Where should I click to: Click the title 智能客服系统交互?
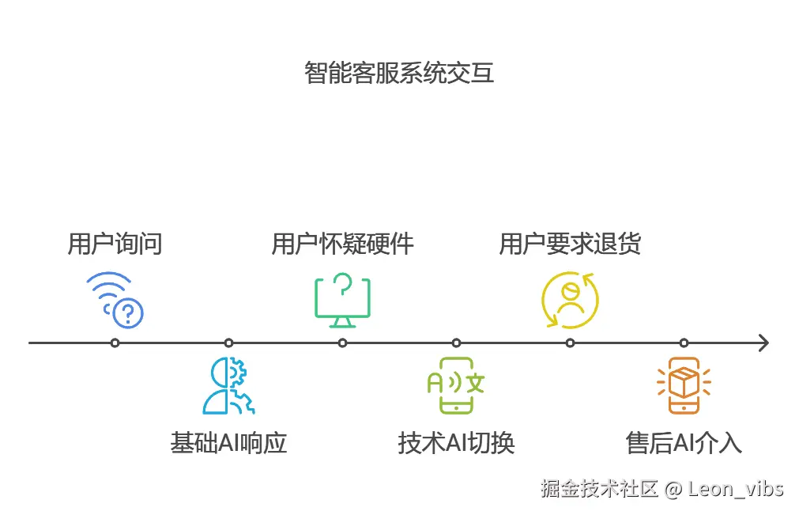(399, 73)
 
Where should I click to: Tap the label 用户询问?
(115, 244)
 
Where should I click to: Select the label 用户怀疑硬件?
(342, 244)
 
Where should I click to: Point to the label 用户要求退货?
(570, 244)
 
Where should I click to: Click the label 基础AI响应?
(228, 442)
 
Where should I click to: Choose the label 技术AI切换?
(456, 442)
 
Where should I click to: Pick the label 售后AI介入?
(684, 442)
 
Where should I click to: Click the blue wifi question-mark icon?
(115, 300)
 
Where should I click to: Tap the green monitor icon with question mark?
(342, 300)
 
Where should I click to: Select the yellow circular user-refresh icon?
(570, 300)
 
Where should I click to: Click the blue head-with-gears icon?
(228, 386)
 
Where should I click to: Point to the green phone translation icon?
(456, 385)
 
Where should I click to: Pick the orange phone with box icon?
(684, 385)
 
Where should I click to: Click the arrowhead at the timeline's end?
(763, 343)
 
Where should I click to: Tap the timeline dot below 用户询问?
(115, 343)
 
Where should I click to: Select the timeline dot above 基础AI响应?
(228, 343)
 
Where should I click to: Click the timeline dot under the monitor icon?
(342, 343)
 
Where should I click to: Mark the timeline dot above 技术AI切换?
(456, 343)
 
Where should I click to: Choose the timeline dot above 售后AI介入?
(684, 343)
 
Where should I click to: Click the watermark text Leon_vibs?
(735, 488)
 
